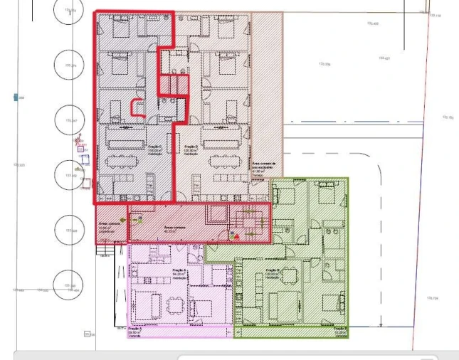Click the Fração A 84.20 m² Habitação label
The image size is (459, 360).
(x=179, y=273)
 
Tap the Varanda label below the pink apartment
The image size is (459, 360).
(x=134, y=331)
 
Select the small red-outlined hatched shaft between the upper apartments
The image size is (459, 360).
(x=172, y=85)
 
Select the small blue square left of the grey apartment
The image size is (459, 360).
(x=80, y=149)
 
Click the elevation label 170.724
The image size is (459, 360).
(x=432, y=298)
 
